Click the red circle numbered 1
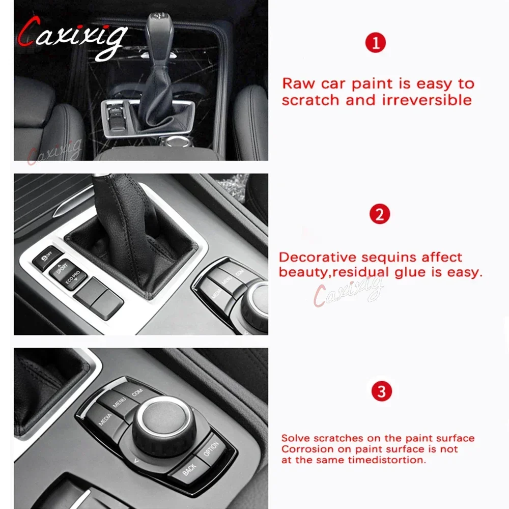pyautogui.click(x=376, y=43)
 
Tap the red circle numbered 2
pyautogui.click(x=380, y=214)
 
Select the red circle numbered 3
pyautogui.click(x=382, y=391)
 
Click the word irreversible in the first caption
pyautogui.click(x=427, y=100)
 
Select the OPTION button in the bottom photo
pyautogui.click(x=211, y=449)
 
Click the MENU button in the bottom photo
pyautogui.click(x=119, y=402)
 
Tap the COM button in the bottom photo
pyautogui.click(x=137, y=392)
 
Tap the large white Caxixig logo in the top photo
pyautogui.click(x=73, y=37)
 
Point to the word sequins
pyautogui.click(x=389, y=258)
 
